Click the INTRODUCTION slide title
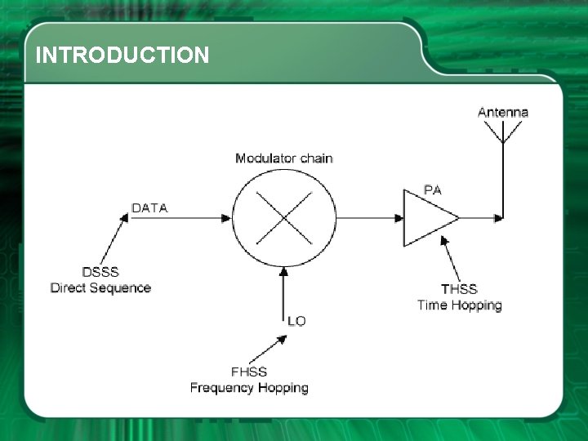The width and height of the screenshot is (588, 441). (x=122, y=56)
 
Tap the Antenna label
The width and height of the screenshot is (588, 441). (x=502, y=113)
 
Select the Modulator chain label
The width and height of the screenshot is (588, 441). (x=283, y=158)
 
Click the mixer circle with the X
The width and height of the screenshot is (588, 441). (x=284, y=218)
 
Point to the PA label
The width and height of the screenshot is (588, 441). (x=434, y=190)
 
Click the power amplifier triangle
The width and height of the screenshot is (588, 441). (x=426, y=218)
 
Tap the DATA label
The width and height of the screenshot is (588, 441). (x=149, y=208)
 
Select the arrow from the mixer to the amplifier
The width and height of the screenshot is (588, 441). (x=369, y=218)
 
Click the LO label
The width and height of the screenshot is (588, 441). (x=296, y=321)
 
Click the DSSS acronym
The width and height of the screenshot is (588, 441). (x=100, y=272)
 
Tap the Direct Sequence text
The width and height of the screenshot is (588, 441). (x=100, y=287)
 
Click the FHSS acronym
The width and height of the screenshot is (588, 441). (x=249, y=372)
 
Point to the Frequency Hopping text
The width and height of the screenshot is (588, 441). (x=249, y=388)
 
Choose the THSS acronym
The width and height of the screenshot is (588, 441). (x=459, y=289)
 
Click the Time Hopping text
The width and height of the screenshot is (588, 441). (x=459, y=305)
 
